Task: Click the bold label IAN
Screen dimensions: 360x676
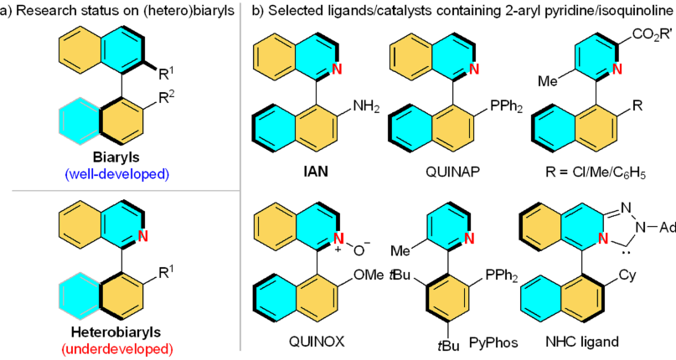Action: click(x=298, y=179)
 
